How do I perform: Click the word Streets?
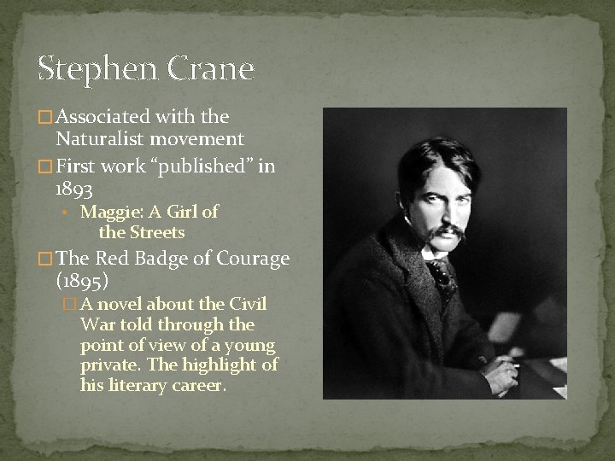[x=155, y=231]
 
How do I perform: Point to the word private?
[x=106, y=365]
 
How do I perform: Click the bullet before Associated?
[x=46, y=116]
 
